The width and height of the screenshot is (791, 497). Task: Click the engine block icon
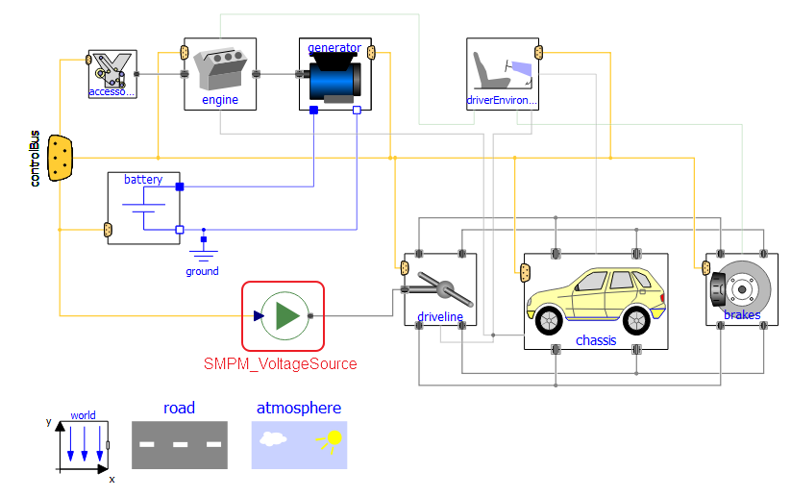[x=220, y=70]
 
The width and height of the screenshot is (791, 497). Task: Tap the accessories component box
[x=112, y=73]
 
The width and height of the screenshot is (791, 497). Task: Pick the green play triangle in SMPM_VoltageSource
[x=284, y=315]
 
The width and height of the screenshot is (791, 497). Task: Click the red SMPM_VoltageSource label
[x=280, y=363]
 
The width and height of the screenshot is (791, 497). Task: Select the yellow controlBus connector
[x=61, y=158]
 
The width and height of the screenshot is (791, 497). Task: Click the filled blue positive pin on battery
[x=180, y=186]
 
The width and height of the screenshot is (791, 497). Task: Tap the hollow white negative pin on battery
[x=180, y=230]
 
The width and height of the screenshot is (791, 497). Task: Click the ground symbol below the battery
[x=203, y=254]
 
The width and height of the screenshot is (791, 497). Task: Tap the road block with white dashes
[x=180, y=444]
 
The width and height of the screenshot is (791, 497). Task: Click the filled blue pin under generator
[x=314, y=111]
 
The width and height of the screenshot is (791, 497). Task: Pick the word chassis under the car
[x=596, y=340]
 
